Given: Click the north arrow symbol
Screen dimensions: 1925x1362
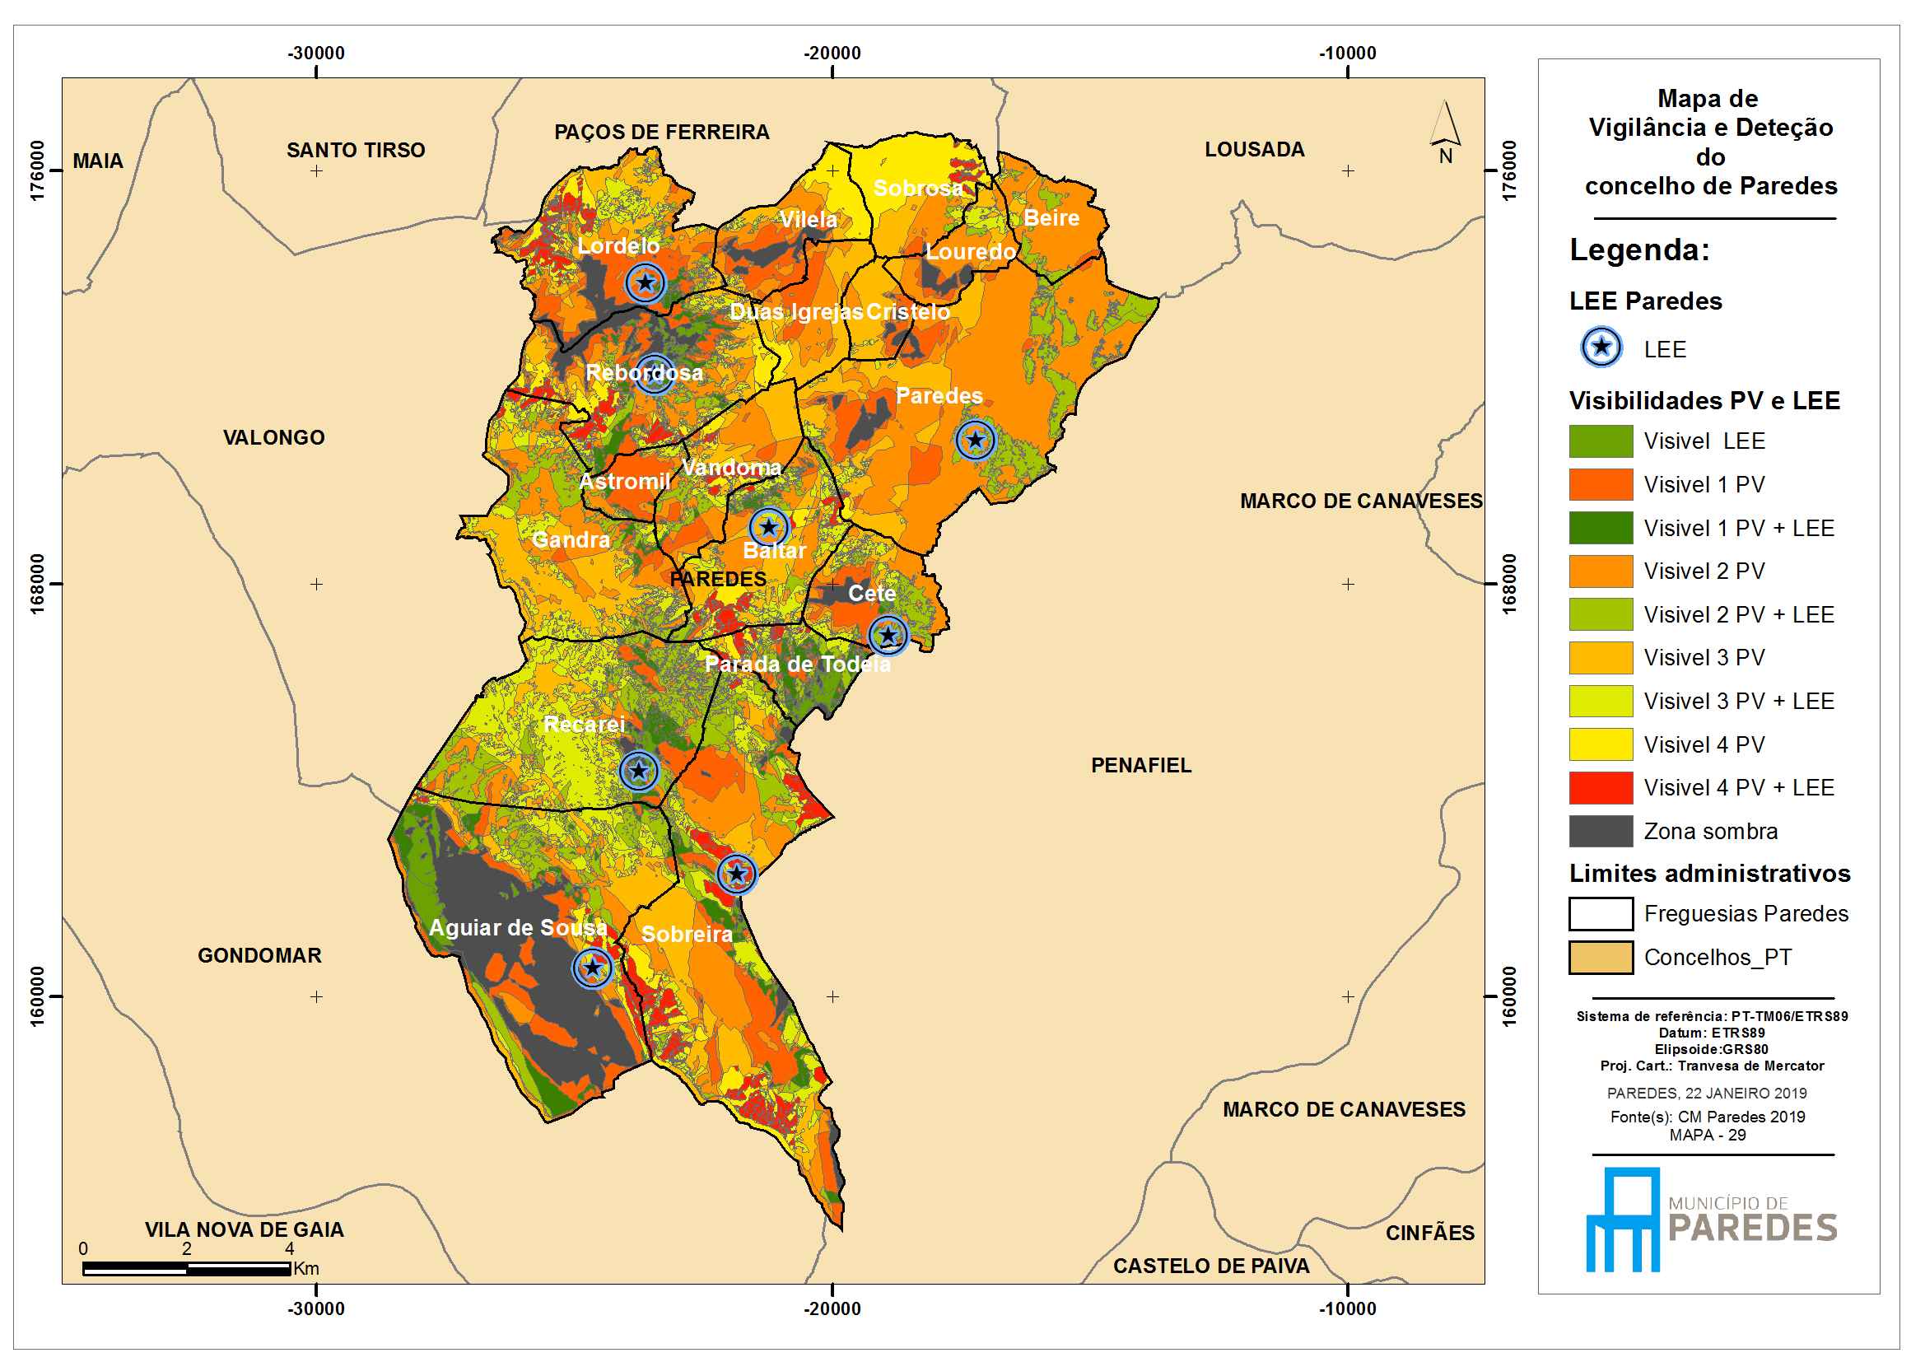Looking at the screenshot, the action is coord(1445,132).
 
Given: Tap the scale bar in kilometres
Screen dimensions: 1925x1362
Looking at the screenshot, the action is coord(186,1269).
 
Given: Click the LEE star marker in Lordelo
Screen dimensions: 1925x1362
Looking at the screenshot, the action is coord(646,282).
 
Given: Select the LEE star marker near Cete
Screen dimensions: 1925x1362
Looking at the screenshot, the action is coord(888,635).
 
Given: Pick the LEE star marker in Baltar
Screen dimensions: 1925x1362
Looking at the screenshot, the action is coord(769,528).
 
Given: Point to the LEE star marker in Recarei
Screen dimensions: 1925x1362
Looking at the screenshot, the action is coord(639,770).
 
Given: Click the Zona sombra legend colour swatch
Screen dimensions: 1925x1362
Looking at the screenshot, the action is coord(1601,831).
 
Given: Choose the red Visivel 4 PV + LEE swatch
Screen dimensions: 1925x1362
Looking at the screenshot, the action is coord(1601,787).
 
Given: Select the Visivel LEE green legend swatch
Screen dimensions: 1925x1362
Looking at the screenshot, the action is coord(1601,441).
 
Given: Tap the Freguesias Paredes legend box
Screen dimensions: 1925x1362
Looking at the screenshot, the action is coord(1601,913).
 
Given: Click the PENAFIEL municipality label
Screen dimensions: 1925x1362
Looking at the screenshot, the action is coord(1140,765).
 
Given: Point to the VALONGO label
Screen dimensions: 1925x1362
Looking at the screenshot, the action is coord(273,437).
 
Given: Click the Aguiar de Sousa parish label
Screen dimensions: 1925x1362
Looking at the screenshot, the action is coord(517,926).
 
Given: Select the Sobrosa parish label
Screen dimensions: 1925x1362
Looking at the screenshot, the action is coord(918,188).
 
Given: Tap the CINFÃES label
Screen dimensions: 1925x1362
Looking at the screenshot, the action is coord(1429,1232).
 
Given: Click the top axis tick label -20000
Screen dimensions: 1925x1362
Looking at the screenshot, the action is coord(832,53).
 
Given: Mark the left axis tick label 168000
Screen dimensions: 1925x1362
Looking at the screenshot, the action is coord(38,583).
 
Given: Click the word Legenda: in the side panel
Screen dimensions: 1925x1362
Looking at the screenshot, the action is coord(1639,250).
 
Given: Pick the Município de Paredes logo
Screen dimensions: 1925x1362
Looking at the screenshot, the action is coord(1711,1219).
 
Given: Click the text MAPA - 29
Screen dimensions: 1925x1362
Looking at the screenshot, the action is coord(1707,1135).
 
